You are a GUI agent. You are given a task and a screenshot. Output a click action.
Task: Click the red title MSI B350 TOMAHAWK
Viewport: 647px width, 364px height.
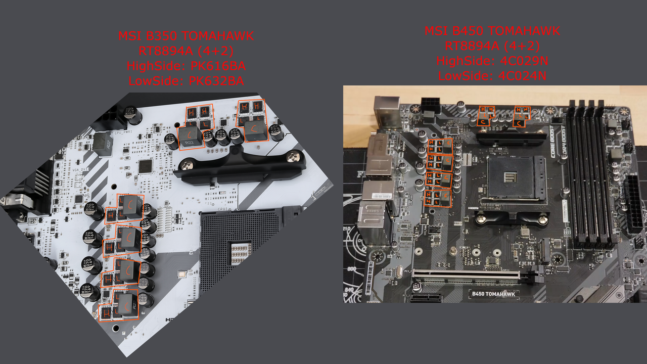186,36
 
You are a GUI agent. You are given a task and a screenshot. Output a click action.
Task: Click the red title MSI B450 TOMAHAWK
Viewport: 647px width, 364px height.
492,31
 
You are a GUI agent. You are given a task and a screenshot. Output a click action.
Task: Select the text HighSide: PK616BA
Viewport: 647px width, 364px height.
186,66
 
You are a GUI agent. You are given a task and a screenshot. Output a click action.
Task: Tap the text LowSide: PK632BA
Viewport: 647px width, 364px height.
186,81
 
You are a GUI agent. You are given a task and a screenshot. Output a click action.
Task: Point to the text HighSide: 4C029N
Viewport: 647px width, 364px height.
492,61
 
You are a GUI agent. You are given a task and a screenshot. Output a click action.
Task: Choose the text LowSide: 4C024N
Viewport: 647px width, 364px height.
492,76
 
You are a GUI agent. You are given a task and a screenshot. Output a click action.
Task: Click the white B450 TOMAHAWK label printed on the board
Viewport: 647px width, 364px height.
492,294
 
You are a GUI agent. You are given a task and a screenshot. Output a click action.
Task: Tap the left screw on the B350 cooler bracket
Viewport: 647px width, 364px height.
188,164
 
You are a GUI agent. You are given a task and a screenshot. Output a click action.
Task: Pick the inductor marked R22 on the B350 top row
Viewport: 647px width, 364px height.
190,137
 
